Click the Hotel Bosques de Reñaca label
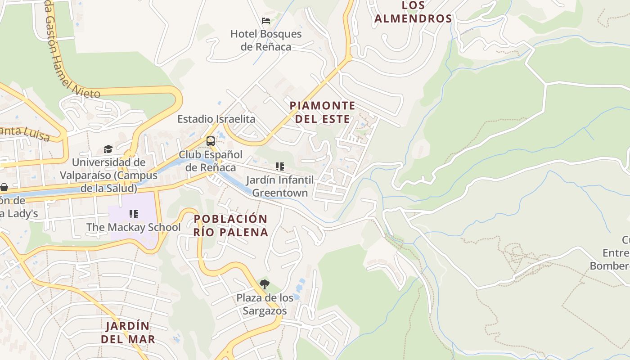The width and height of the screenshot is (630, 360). [266, 40]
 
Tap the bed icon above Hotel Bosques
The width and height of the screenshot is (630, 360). [266, 21]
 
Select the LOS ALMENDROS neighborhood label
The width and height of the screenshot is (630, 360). [413, 12]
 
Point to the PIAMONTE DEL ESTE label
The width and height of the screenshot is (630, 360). [322, 112]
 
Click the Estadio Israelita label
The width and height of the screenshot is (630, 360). [216, 119]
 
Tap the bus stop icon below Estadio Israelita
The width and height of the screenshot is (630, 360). [210, 141]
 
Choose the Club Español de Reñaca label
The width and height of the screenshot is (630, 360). [211, 161]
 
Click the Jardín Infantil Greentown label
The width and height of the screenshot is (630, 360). [279, 186]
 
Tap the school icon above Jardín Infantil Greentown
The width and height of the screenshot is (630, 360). [280, 166]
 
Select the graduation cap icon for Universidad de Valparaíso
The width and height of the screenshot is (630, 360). [108, 149]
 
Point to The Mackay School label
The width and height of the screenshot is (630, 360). [133, 227]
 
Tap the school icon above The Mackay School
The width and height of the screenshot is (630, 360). [133, 214]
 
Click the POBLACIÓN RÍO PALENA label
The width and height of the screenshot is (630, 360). [231, 225]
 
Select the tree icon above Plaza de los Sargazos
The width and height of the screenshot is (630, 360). [265, 284]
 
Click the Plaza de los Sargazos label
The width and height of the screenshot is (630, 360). [265, 304]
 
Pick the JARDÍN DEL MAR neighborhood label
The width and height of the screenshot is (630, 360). [128, 332]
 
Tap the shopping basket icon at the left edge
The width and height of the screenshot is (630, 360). [4, 187]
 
